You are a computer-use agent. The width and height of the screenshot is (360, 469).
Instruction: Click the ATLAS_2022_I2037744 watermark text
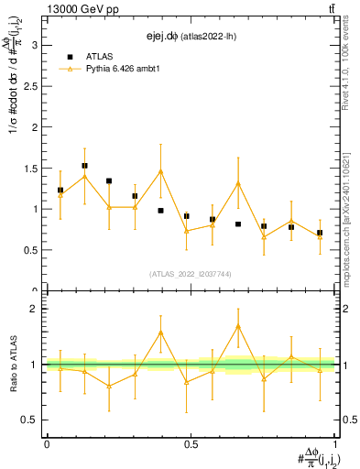point(190,274)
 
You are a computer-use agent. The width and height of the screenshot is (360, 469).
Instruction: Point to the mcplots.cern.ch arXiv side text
point(352,202)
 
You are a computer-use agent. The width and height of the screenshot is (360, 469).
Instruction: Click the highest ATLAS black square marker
point(85,166)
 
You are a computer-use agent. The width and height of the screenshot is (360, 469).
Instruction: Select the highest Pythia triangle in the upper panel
point(160,171)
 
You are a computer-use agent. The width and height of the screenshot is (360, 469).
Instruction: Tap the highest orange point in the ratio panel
point(238,326)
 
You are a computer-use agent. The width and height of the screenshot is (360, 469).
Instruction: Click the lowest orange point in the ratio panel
point(109,386)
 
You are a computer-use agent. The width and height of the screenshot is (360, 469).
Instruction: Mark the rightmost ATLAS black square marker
point(320,233)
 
